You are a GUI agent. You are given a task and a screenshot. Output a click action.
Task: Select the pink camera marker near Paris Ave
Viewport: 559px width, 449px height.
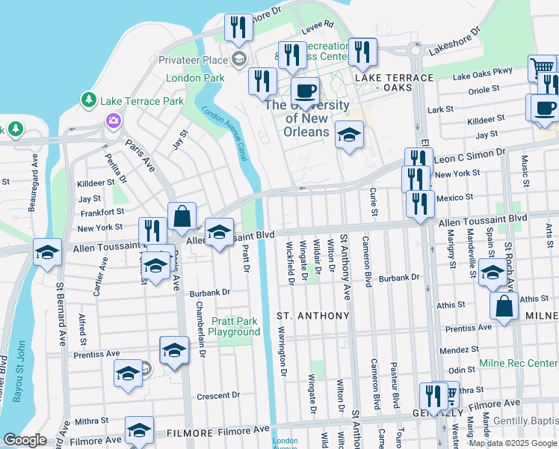[x=114, y=120]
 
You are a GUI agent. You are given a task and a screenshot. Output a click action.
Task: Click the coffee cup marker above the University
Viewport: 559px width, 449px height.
[x=304, y=92]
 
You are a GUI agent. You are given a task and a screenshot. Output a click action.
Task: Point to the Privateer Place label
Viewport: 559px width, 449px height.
[x=193, y=60]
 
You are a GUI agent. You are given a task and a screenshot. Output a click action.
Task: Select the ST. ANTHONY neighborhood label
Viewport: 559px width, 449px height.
[x=313, y=316]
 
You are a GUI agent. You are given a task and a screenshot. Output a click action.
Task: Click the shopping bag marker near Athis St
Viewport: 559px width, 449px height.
[x=504, y=306]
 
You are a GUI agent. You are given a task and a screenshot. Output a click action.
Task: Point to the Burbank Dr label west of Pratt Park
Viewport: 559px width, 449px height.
[x=209, y=293]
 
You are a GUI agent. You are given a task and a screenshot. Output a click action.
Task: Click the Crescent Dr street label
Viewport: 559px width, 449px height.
[x=217, y=395]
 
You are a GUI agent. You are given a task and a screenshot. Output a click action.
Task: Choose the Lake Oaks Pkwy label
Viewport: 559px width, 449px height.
[x=483, y=72]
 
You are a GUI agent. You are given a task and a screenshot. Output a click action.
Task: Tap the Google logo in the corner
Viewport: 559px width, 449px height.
[x=25, y=440]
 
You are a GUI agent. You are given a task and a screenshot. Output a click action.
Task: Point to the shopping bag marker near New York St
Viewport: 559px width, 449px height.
[x=182, y=217]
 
